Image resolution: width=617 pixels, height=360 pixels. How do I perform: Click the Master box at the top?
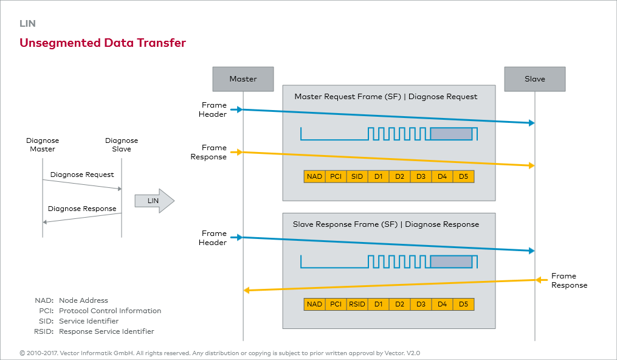pos(243,79)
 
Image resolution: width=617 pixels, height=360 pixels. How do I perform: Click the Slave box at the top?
pos(535,79)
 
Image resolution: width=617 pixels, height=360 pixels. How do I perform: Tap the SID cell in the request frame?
pos(357,176)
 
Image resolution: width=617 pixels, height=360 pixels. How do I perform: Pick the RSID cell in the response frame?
pos(357,304)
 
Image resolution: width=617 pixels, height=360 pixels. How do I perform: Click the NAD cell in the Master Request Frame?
pos(314,176)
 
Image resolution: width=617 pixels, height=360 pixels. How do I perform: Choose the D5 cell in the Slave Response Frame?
pos(463,304)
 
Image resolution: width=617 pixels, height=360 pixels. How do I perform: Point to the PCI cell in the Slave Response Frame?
pos(336,304)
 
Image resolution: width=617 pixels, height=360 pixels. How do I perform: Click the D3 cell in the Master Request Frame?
pos(421,176)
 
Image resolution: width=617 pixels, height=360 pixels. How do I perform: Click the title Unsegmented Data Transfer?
pos(103,43)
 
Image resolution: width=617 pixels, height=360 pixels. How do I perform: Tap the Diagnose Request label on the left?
pos(82,175)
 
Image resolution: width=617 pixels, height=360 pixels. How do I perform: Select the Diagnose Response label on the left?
pos(82,209)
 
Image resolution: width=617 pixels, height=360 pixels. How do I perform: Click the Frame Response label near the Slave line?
pos(569,280)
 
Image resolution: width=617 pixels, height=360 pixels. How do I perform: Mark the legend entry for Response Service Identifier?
pos(106,331)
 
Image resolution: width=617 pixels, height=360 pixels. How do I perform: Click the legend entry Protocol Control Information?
pos(110,311)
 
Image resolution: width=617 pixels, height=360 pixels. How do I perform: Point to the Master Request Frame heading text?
pos(386,97)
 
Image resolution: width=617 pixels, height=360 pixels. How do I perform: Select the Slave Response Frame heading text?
pos(386,224)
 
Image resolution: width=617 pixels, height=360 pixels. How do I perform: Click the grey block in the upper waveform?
pos(451,134)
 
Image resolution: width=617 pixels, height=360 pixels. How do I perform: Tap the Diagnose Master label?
pos(43,145)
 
